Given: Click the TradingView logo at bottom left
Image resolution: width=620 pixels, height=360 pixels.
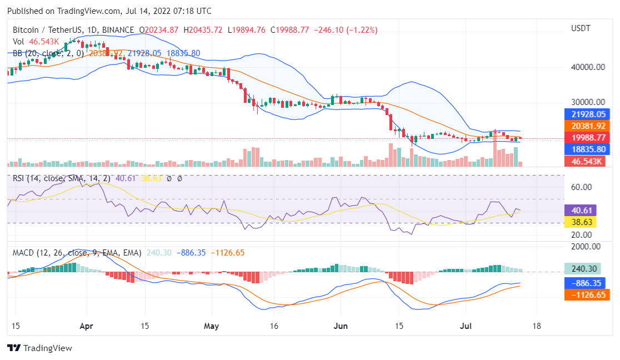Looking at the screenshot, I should tap(39, 348).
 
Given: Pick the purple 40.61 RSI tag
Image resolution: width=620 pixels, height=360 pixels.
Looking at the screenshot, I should tap(580, 211).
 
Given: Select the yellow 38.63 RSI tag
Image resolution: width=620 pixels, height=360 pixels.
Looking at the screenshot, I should tap(580, 222).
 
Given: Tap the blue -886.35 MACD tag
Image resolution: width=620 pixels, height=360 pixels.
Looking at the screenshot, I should tap(584, 282).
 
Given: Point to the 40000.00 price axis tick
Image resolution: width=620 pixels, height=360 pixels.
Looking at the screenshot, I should tap(588, 67).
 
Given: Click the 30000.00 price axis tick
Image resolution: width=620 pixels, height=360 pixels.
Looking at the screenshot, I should tap(588, 102).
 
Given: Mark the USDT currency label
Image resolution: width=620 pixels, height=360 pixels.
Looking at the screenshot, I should tap(581, 28).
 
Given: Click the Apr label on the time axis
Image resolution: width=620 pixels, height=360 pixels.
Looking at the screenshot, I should tap(86, 326).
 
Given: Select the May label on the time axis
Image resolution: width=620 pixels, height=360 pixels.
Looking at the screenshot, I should tap(212, 326).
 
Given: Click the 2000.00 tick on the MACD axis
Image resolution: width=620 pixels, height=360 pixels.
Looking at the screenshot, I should tap(586, 247).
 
